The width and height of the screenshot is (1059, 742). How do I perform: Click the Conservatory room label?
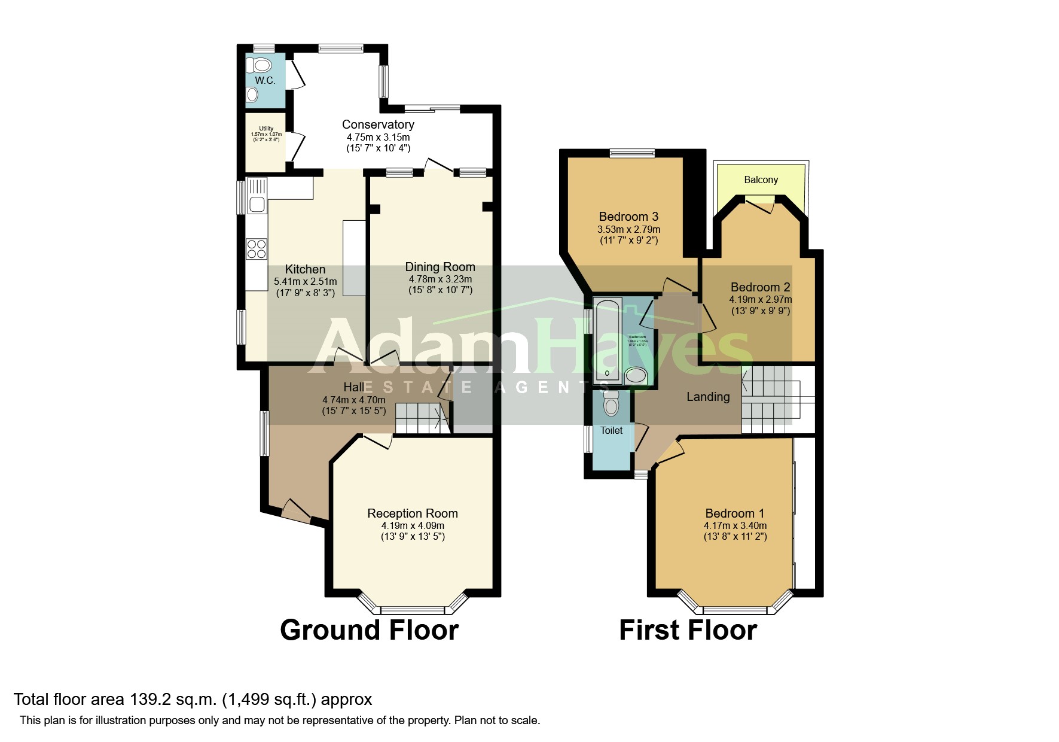pyautogui.click(x=378, y=124)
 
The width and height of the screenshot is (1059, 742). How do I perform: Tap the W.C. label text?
pyautogui.click(x=265, y=80)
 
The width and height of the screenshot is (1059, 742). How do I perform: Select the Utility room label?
pyautogui.click(x=266, y=128)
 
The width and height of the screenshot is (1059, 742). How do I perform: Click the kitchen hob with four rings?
pyautogui.click(x=257, y=248)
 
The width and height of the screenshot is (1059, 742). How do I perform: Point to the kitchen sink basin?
pyautogui.click(x=257, y=205)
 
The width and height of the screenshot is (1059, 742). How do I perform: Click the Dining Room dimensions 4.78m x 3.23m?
pyautogui.click(x=440, y=279)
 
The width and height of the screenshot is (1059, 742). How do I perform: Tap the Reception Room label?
pyautogui.click(x=413, y=513)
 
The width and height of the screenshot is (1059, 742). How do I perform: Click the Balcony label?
pyautogui.click(x=761, y=180)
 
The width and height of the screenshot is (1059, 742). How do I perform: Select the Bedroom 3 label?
pyautogui.click(x=628, y=217)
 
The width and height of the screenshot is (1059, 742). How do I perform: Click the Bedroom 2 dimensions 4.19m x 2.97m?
pyautogui.click(x=760, y=299)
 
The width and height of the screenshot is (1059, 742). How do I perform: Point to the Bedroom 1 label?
pyautogui.click(x=734, y=513)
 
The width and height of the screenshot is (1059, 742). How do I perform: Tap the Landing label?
pyautogui.click(x=708, y=397)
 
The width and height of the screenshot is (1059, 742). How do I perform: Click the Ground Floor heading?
pyautogui.click(x=369, y=630)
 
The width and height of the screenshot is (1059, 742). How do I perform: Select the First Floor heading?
pyautogui.click(x=688, y=630)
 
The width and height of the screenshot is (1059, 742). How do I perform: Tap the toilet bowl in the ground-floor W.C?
pyautogui.click(x=261, y=65)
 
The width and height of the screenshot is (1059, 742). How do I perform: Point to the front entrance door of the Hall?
pyautogui.click(x=296, y=510)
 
